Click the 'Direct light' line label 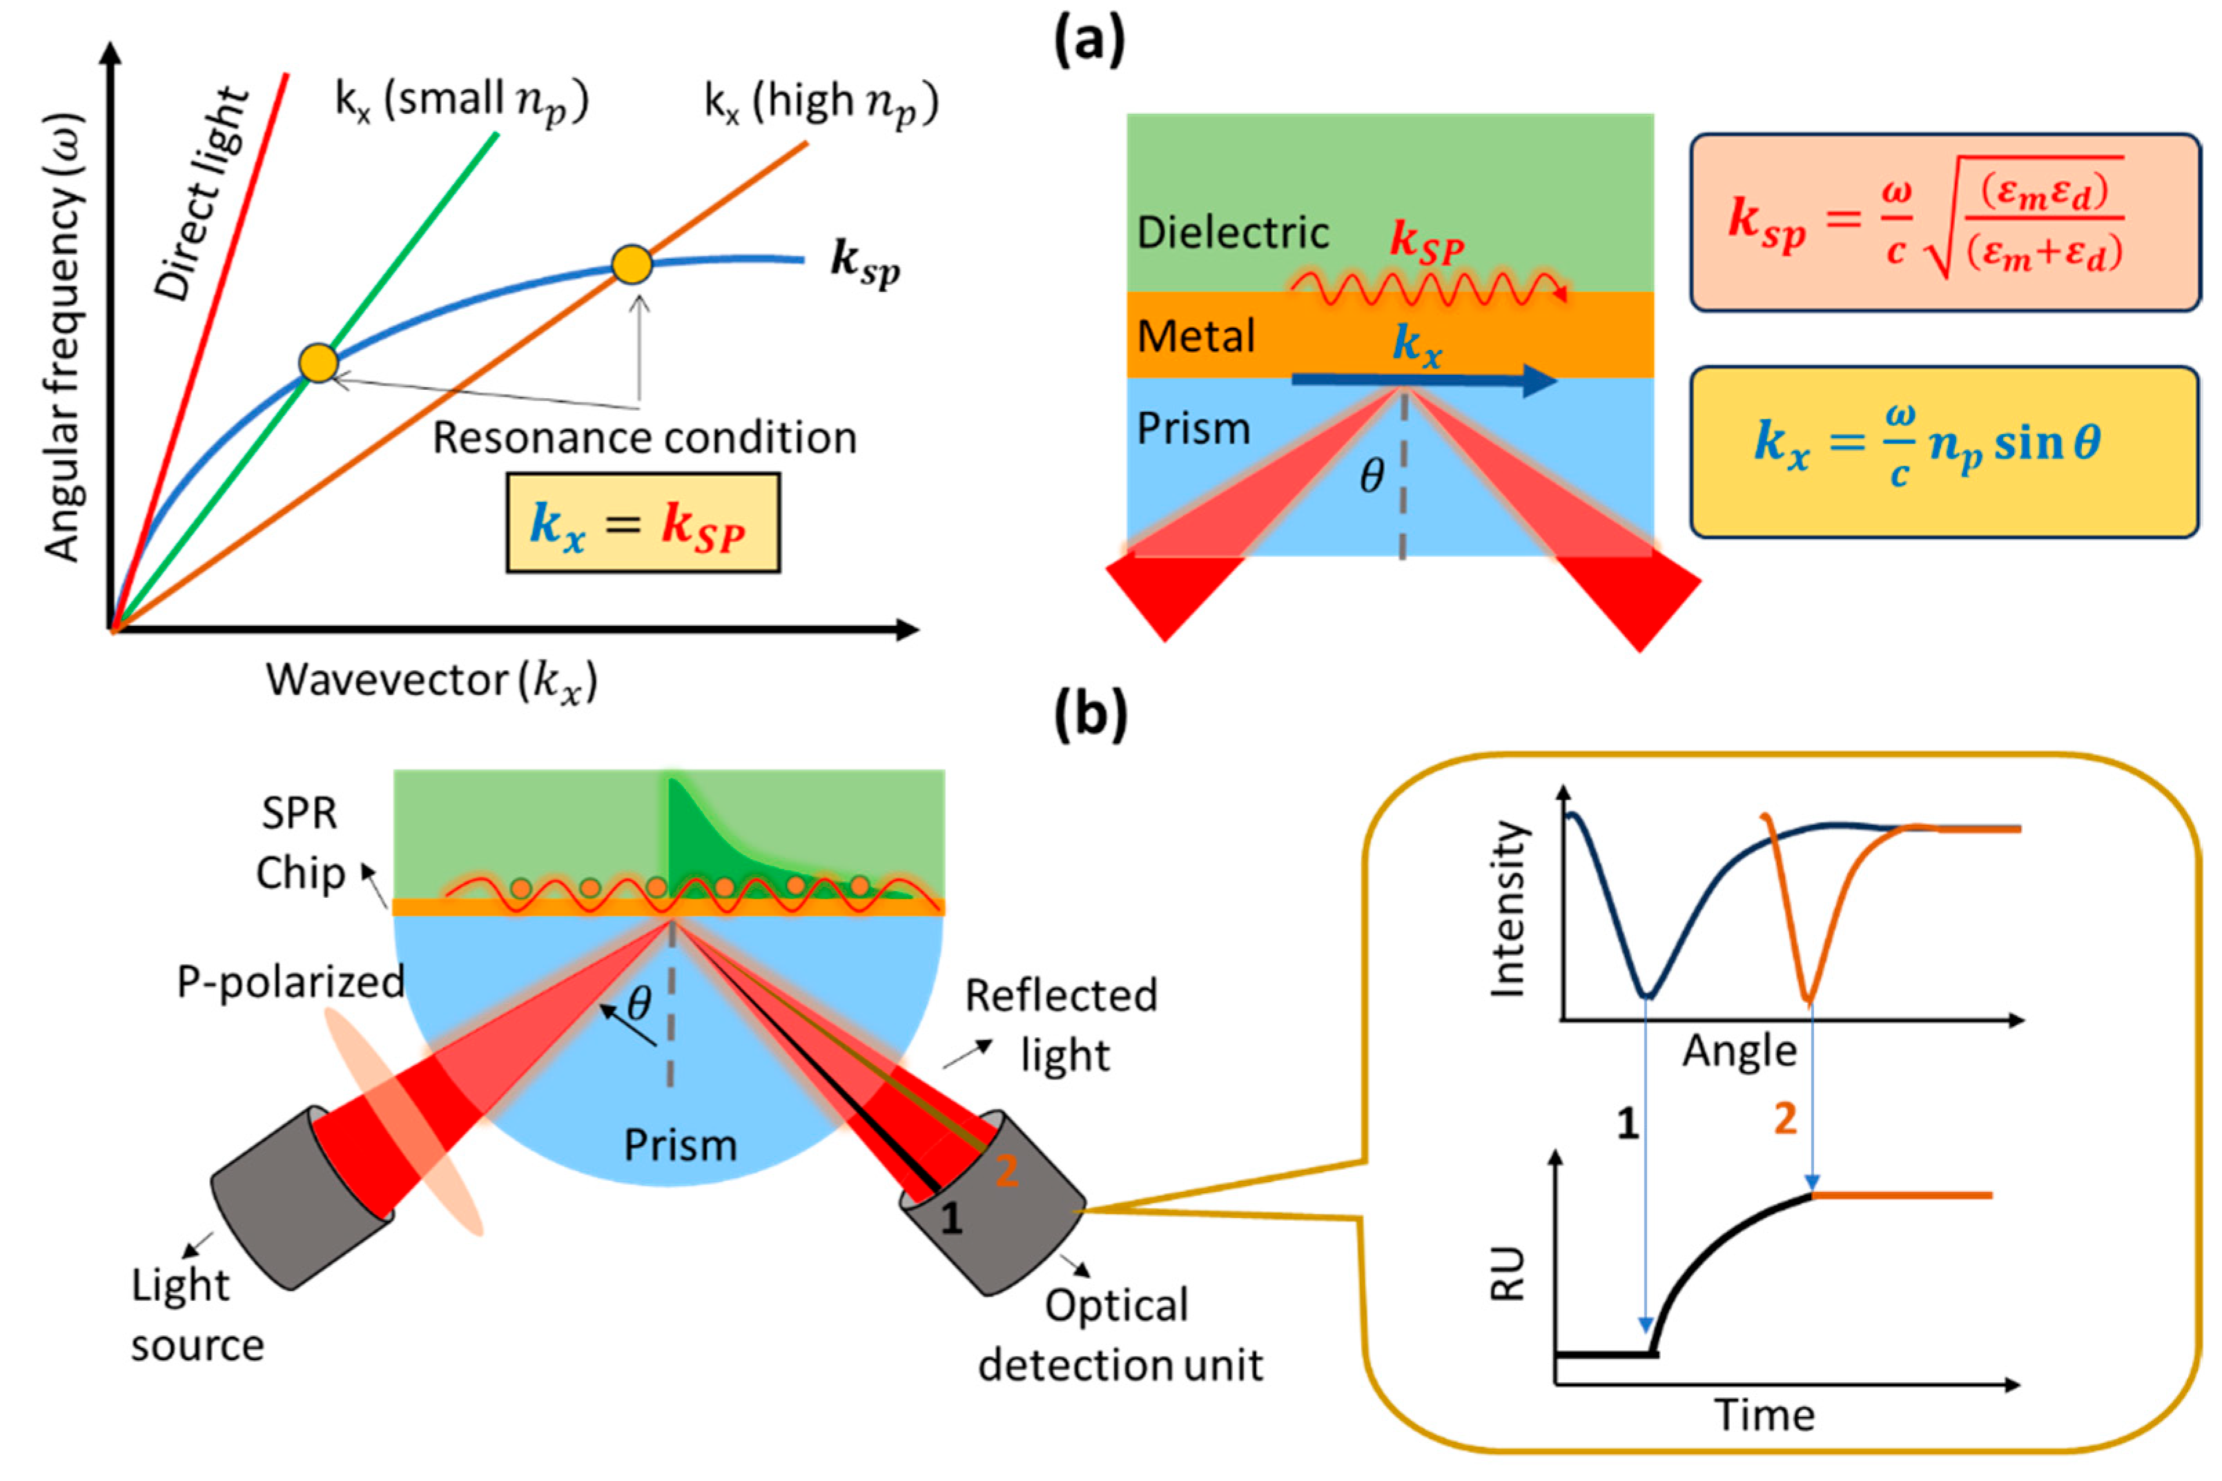coord(202,195)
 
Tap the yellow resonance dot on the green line coord(318,363)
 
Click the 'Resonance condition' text coord(644,438)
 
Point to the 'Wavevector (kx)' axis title coord(431,680)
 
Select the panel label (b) coord(1090,715)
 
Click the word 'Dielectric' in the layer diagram coord(1232,233)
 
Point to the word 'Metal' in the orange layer coord(1195,336)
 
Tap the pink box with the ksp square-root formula coord(1945,223)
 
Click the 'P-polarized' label coord(290,982)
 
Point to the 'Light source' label coord(197,1315)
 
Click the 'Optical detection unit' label coord(1120,1335)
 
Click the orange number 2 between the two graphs coord(1784,1119)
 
